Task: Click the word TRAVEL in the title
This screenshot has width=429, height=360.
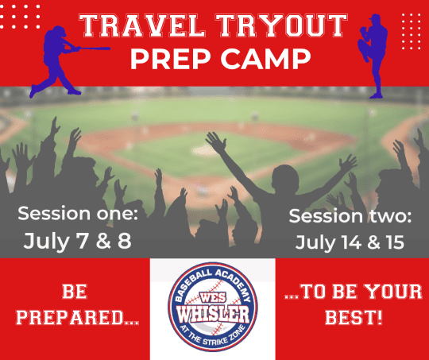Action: pyautogui.click(x=142, y=25)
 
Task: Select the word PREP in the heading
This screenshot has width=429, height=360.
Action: pyautogui.click(x=171, y=60)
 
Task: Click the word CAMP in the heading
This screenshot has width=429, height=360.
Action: pyautogui.click(x=265, y=60)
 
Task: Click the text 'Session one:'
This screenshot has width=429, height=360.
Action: pyautogui.click(x=78, y=214)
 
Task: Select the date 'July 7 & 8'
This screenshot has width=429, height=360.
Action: pyautogui.click(x=77, y=241)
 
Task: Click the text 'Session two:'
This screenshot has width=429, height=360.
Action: pyautogui.click(x=350, y=216)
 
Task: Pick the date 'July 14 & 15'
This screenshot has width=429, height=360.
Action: pyautogui.click(x=350, y=242)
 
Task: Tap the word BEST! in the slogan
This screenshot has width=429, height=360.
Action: pyautogui.click(x=354, y=318)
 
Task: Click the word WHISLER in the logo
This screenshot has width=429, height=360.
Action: pyautogui.click(x=213, y=314)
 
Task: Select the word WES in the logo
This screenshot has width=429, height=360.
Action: pyautogui.click(x=213, y=297)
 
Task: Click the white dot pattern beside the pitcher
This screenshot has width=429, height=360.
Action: pyautogui.click(x=412, y=32)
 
